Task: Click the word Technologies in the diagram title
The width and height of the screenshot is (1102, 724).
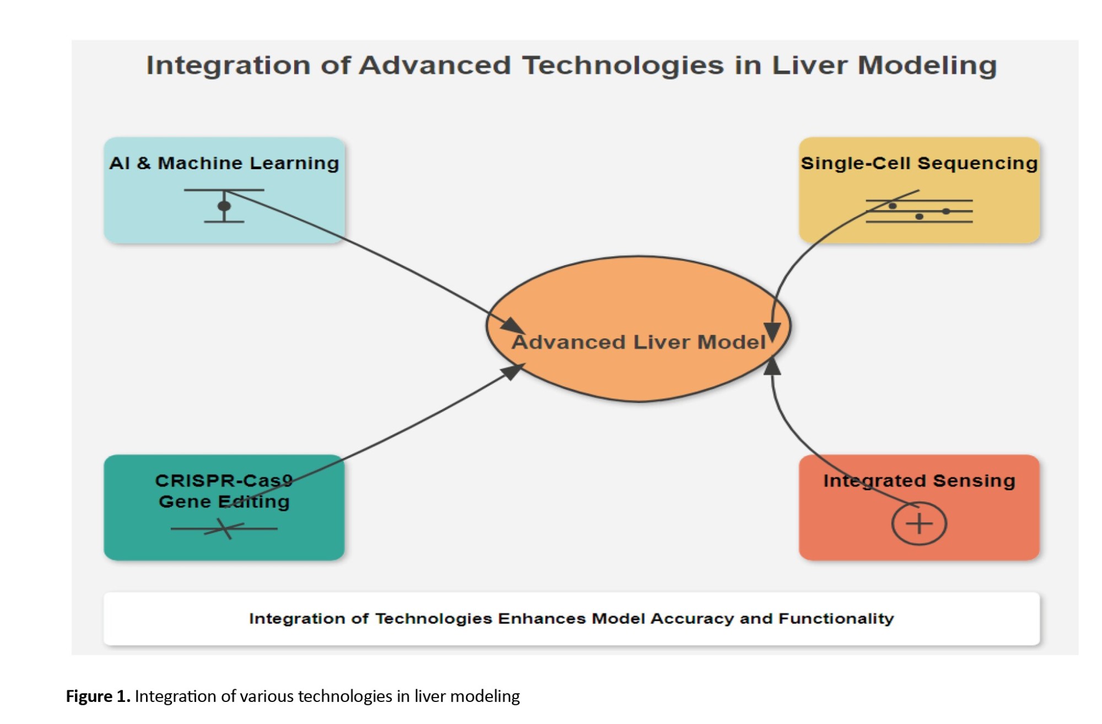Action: (x=623, y=66)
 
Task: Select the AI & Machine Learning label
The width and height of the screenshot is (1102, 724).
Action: (x=224, y=163)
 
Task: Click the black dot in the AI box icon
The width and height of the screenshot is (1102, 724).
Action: (x=224, y=206)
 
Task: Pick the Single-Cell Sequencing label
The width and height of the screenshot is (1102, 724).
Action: (x=919, y=163)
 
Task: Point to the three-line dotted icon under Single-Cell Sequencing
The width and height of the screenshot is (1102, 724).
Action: (x=919, y=211)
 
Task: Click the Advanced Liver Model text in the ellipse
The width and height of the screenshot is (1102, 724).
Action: (x=638, y=342)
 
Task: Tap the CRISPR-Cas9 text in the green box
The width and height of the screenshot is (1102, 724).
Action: (x=224, y=480)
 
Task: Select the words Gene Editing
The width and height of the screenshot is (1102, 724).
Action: (x=224, y=501)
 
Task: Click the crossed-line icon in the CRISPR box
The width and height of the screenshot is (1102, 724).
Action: (x=224, y=529)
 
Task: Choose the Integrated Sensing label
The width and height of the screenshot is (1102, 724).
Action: (x=919, y=480)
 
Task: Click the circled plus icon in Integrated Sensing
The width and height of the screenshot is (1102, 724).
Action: (x=919, y=523)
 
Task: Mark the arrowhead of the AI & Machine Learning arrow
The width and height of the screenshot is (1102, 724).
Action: (x=512, y=326)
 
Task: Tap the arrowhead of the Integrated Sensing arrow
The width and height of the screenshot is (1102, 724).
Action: (x=773, y=366)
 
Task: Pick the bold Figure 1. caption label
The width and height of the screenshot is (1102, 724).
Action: (x=98, y=696)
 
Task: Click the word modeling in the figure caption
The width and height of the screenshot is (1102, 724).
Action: (x=485, y=697)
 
